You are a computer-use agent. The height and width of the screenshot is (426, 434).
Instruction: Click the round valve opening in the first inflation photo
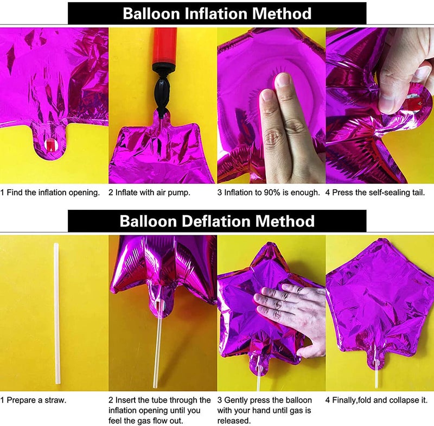[x=50, y=145]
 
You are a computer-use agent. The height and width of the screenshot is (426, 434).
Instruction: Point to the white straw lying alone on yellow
[x=56, y=313]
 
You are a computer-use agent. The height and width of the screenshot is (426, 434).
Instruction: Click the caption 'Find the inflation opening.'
[x=53, y=192]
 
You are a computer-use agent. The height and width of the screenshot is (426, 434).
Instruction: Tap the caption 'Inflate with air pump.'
[x=152, y=192]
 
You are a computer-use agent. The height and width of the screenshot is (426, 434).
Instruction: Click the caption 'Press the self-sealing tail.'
[x=378, y=192]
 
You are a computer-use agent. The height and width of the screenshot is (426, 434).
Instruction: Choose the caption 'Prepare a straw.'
[x=36, y=400]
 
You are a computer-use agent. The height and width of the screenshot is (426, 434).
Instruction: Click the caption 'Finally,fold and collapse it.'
[x=380, y=400]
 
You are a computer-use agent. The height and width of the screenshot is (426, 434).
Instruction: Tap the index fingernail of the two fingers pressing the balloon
[x=282, y=79]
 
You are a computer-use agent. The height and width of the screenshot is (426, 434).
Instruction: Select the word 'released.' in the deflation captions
[x=234, y=421]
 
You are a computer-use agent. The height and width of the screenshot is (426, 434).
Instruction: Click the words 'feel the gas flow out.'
[x=146, y=421]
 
